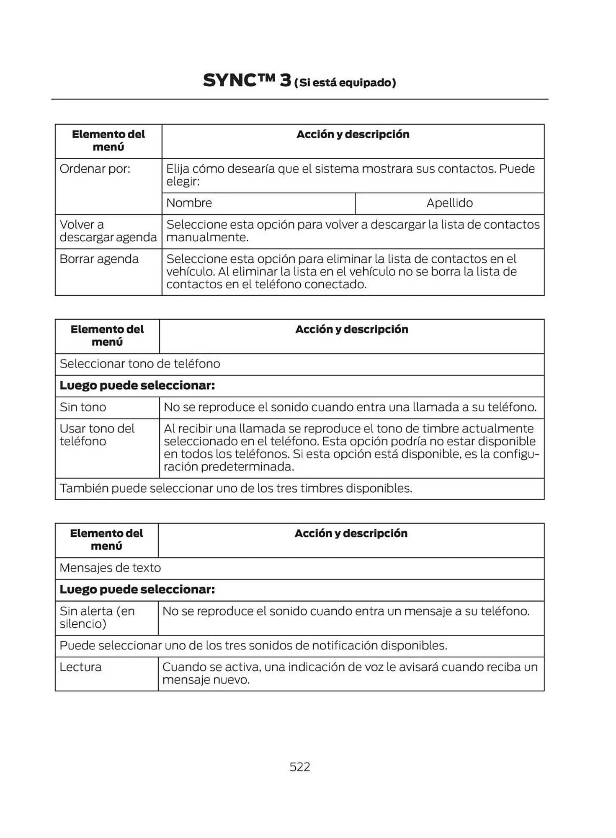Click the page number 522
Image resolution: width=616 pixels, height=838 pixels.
[300, 767]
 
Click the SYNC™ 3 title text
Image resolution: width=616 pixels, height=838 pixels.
[247, 80]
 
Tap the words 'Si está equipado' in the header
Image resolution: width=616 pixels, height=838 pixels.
[345, 83]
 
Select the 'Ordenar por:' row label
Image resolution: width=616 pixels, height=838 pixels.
[95, 169]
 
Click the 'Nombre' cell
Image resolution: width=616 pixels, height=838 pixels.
[189, 203]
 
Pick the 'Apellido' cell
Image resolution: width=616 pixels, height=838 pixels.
[449, 203]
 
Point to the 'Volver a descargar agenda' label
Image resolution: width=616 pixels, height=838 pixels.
[108, 231]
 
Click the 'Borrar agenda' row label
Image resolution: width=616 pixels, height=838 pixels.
[99, 259]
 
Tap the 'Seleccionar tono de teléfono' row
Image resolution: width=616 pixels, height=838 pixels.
[140, 364]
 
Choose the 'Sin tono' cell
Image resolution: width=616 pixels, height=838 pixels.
[83, 407]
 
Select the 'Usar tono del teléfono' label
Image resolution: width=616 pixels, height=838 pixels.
[97, 435]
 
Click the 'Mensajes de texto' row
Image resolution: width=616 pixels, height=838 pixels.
[111, 568]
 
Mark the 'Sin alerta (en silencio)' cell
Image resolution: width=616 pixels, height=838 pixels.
[97, 618]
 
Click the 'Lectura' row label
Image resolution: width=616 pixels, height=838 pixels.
[80, 667]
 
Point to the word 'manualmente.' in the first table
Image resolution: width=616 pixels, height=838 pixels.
[208, 238]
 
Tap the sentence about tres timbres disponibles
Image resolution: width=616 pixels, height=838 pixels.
[236, 489]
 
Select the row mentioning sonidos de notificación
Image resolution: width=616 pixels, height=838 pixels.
[253, 646]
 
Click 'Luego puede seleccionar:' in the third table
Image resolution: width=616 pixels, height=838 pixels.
[137, 590]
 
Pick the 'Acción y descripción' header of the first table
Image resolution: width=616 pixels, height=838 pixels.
[353, 134]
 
